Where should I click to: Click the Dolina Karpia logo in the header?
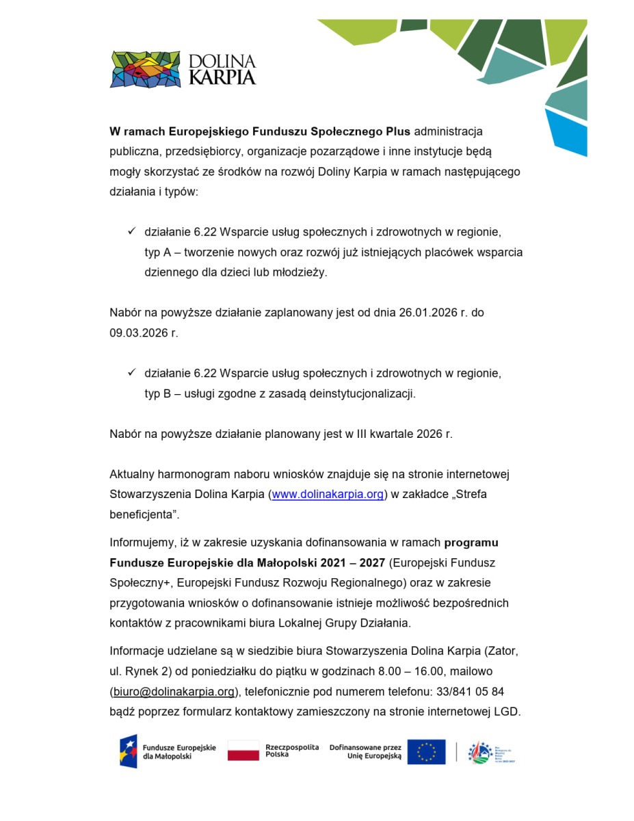pos(183,69)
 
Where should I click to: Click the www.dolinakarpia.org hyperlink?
pos(328,495)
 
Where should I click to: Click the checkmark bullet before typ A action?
pos(131,232)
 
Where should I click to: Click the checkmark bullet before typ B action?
pos(131,373)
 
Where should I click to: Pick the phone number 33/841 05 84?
pos(469,691)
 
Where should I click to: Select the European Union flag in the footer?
pos(426,752)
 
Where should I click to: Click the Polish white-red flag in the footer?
pos(243,751)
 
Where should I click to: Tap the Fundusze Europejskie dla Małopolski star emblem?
pos(129,751)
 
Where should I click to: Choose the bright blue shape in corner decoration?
pos(568,133)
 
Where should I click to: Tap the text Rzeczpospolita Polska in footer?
pos(291,751)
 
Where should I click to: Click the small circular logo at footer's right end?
pos(480,753)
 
